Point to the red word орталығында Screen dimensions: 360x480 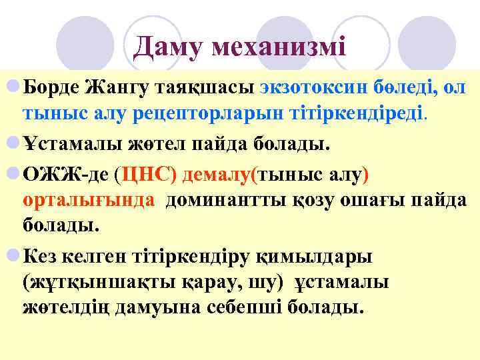point(90,199)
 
